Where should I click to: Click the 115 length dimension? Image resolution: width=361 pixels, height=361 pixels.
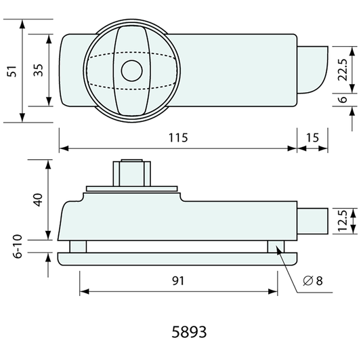(x=178, y=137)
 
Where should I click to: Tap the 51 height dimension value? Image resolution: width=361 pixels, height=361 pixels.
(x=12, y=71)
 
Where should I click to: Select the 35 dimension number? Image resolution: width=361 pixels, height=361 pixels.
(x=38, y=70)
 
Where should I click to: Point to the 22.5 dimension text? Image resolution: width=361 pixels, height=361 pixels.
(x=343, y=70)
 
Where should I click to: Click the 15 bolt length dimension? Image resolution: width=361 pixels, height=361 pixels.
(x=312, y=137)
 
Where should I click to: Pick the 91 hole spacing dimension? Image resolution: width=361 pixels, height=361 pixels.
(x=178, y=281)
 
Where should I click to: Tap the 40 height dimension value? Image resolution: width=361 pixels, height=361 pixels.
(x=38, y=200)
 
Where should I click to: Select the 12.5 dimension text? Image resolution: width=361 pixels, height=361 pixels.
(x=343, y=221)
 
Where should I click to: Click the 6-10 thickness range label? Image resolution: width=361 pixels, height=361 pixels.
(x=18, y=247)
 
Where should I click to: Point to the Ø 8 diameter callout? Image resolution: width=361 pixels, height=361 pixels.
(x=313, y=281)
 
